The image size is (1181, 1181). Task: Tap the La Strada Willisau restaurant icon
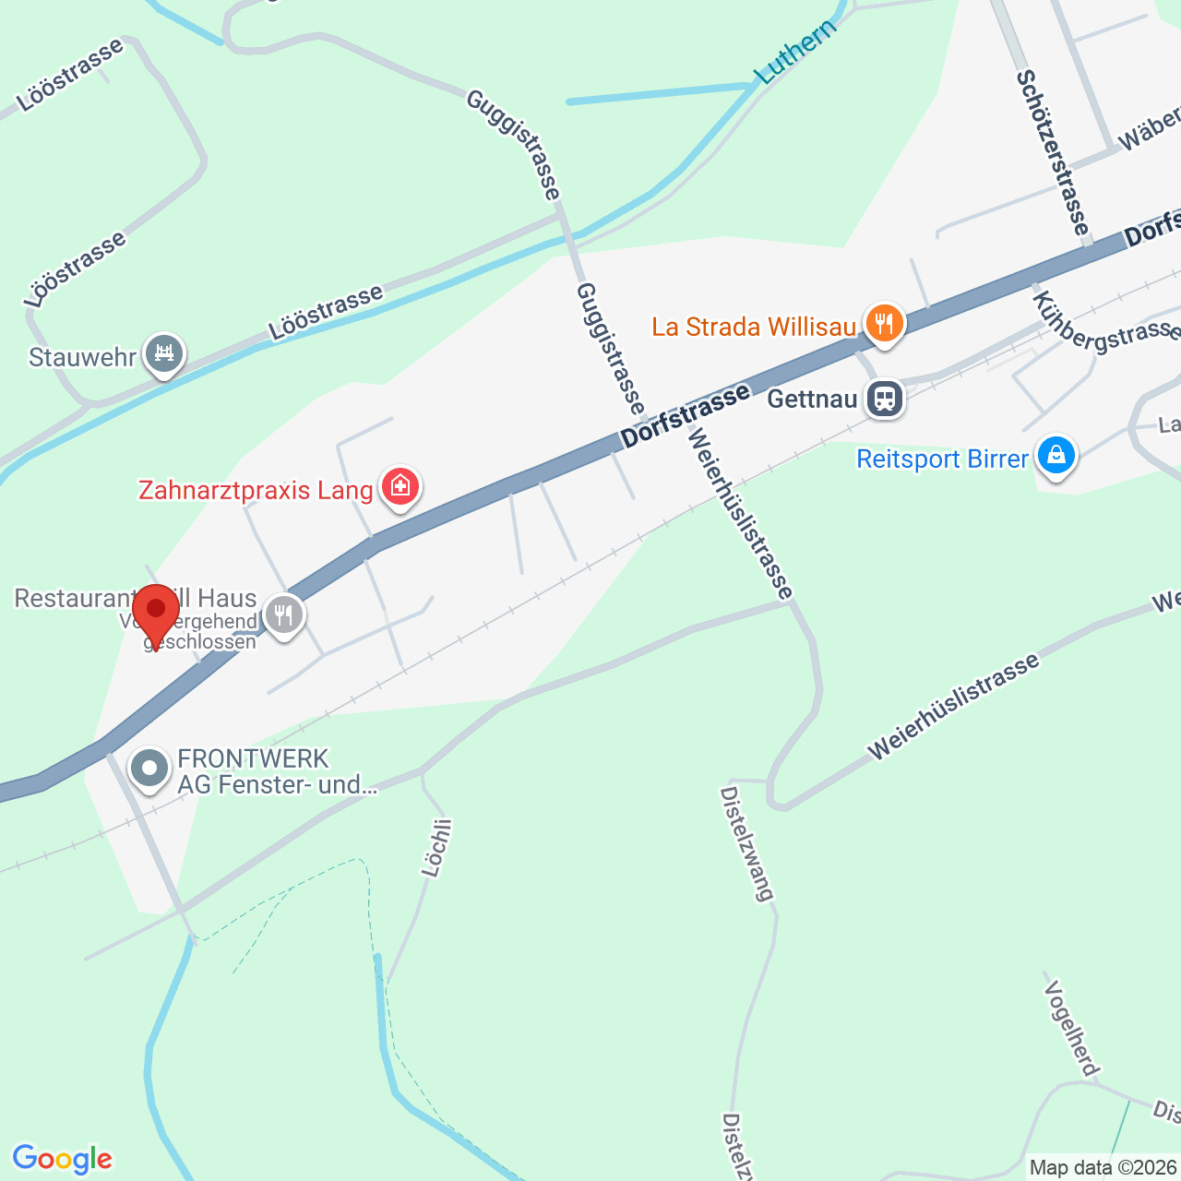pyautogui.click(x=884, y=324)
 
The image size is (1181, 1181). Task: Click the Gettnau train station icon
pyautogui.click(x=884, y=399)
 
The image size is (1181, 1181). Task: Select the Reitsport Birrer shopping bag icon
pyautogui.click(x=1056, y=456)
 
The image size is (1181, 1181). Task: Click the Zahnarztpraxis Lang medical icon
pyautogui.click(x=400, y=485)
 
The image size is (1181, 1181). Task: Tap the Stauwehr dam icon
pyautogui.click(x=164, y=354)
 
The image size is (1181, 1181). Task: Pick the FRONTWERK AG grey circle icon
pyautogui.click(x=149, y=769)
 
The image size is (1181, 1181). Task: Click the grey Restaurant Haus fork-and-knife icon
pyautogui.click(x=283, y=614)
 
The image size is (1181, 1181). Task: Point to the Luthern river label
pyautogui.click(x=795, y=51)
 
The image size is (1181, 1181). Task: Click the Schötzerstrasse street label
pyautogui.click(x=1053, y=152)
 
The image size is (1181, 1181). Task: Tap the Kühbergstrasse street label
pyautogui.click(x=1103, y=323)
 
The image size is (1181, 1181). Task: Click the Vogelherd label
pyautogui.click(x=1071, y=1028)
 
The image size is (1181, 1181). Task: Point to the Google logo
pyautogui.click(x=62, y=1159)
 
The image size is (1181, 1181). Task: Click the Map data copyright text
pyautogui.click(x=1103, y=1168)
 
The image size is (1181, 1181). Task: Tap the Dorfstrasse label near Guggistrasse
pyautogui.click(x=685, y=417)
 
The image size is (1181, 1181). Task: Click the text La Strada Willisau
pyautogui.click(x=754, y=327)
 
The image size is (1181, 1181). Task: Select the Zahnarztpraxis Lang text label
pyautogui.click(x=256, y=489)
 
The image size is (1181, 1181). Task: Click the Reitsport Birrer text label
pyautogui.click(x=942, y=459)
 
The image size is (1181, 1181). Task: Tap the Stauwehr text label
pyautogui.click(x=82, y=357)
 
